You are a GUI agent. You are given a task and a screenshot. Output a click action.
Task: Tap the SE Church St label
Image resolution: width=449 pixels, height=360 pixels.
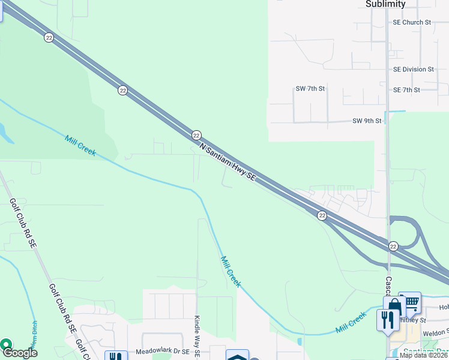coord(412,22)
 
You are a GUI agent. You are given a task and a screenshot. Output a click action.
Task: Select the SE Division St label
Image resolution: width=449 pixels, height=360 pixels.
coord(413,70)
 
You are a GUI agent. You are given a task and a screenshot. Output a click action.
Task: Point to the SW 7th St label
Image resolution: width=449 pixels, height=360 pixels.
coord(310,89)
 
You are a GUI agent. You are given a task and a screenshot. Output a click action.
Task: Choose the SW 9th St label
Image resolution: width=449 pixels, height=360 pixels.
coord(367,121)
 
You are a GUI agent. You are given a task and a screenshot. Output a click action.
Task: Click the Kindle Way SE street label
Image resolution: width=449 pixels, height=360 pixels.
coord(197,338)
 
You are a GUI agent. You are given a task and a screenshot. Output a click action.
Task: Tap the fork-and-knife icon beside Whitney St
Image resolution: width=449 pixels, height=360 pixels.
coord(388,319)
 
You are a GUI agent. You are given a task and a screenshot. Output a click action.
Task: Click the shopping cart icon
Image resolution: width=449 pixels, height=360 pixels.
coord(411,304)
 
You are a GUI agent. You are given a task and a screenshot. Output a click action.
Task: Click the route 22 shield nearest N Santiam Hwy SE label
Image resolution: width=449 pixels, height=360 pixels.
coord(196,135)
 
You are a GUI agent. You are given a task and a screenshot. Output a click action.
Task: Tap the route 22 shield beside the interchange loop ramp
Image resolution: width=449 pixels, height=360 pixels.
coord(393,247)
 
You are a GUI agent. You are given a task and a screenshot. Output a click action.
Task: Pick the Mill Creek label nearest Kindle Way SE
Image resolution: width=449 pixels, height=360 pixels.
coord(230,272)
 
